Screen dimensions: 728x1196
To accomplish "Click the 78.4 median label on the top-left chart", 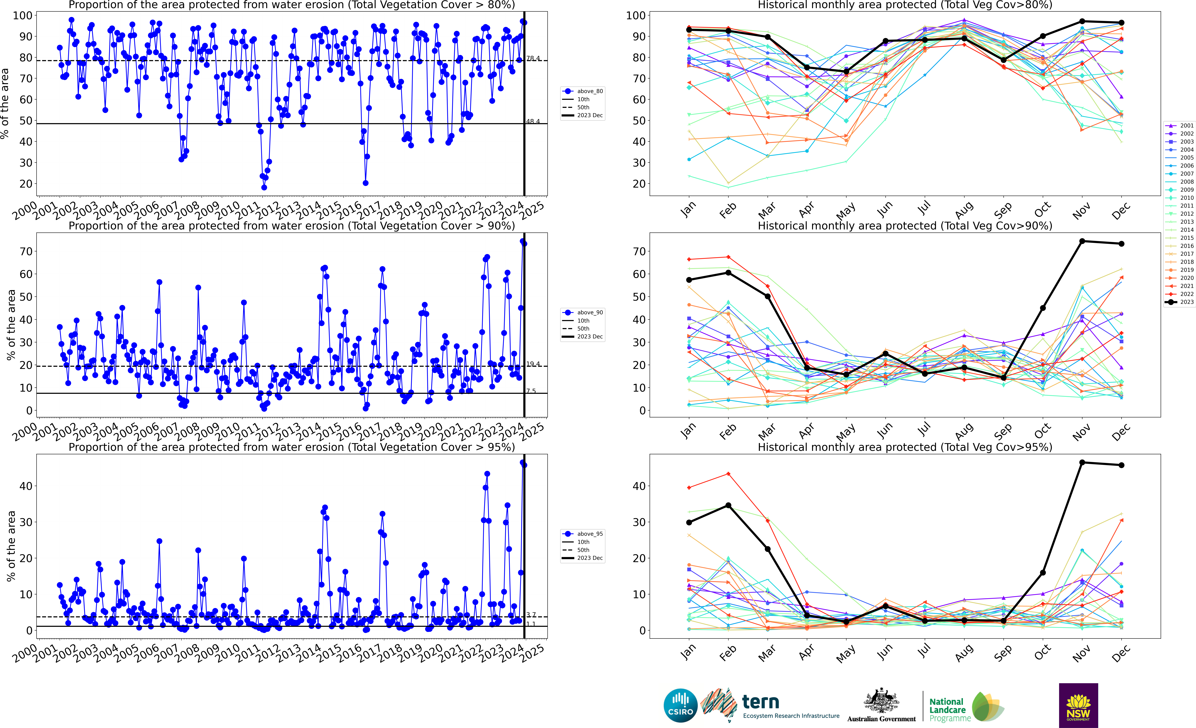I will [533, 58].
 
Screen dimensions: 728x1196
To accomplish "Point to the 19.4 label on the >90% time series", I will [533, 364].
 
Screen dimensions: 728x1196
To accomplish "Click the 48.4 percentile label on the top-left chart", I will [533, 121].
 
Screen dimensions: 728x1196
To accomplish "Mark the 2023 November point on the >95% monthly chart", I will [1082, 463].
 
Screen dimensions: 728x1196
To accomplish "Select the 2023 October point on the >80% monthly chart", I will [1043, 36].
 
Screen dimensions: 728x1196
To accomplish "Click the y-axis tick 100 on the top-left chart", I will [22, 16].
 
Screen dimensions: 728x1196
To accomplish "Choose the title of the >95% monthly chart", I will [905, 447].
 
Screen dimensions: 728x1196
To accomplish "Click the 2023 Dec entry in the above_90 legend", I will [590, 337].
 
